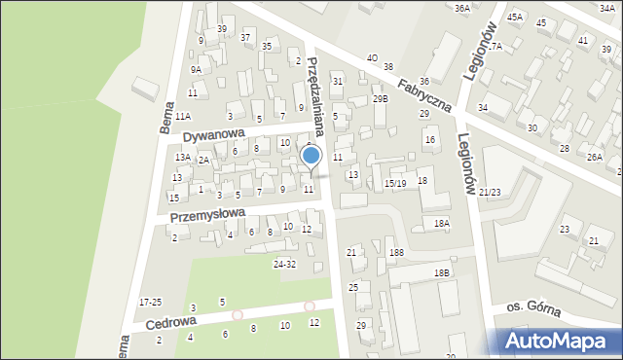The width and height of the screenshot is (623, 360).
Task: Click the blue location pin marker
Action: [x=311, y=157]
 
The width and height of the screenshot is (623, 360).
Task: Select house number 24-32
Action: [x=284, y=265]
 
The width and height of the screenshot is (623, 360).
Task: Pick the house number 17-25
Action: [x=151, y=303]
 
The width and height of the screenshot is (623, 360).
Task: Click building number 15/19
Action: [x=394, y=183]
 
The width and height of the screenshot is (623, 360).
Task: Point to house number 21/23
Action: [x=490, y=193]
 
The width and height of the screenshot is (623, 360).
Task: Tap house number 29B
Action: [x=380, y=98]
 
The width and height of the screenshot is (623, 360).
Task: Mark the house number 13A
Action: [x=182, y=157]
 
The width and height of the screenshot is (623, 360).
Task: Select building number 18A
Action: [x=442, y=223]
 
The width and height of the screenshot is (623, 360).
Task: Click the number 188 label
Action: [x=396, y=253]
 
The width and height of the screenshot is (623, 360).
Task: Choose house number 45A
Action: [x=515, y=17]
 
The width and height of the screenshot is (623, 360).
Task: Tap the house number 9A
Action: [x=196, y=69]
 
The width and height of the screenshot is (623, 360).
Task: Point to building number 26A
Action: [x=595, y=157]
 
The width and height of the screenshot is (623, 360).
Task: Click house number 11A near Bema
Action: [x=183, y=116]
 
